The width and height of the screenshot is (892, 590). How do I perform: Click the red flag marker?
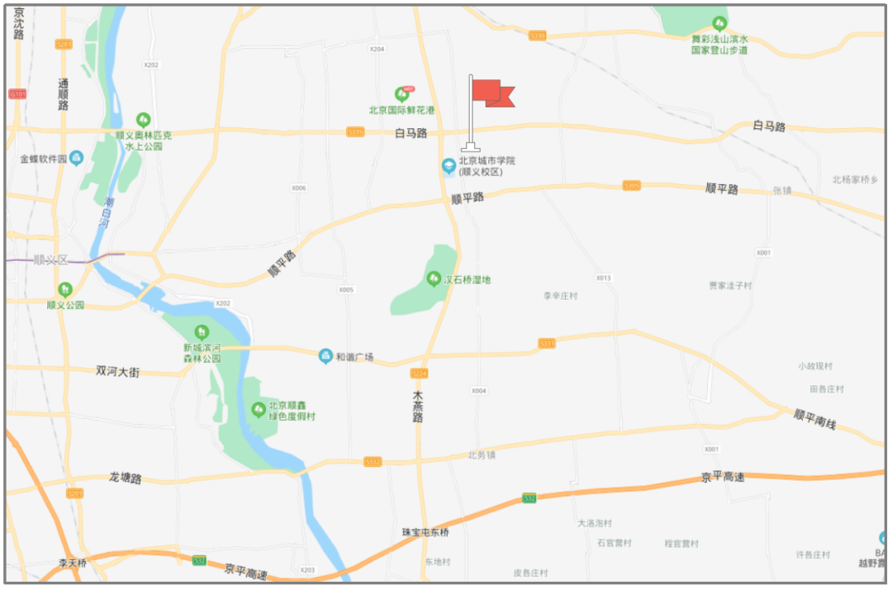point(492,93)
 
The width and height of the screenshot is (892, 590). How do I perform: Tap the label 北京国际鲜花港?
point(402,110)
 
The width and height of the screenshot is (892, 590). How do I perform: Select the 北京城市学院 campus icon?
point(448,166)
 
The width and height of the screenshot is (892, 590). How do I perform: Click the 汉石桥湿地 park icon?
point(434,279)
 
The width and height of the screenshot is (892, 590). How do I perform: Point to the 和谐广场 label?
point(354,357)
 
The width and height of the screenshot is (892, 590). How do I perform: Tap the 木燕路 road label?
point(419,407)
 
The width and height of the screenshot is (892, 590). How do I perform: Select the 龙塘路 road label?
point(126,478)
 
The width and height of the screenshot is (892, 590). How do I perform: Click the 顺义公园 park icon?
point(64,289)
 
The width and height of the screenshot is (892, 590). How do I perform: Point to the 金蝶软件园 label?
point(43,159)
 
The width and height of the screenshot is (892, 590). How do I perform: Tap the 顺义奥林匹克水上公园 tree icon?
point(144,121)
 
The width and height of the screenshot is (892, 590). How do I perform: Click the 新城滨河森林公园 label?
point(202,353)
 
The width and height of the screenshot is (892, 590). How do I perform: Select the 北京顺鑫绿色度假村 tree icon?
point(259,408)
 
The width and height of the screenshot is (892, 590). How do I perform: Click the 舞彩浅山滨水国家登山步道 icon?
point(720,23)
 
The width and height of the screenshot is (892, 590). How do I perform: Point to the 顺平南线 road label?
point(814,419)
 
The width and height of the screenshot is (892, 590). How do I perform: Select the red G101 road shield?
point(17,94)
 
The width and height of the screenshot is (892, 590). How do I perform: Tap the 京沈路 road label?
point(19,26)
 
